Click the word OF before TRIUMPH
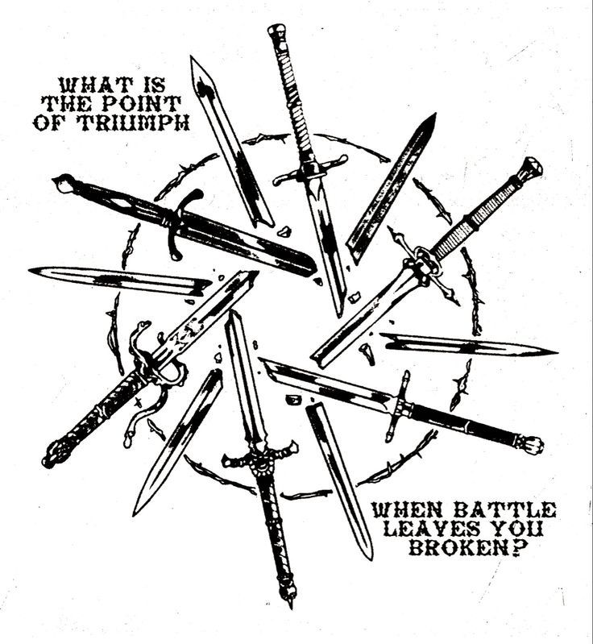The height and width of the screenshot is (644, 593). (x=53, y=123)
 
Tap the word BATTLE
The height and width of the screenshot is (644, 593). (x=503, y=510)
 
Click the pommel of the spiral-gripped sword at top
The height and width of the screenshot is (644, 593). (x=276, y=31)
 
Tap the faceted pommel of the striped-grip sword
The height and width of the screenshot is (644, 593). (x=533, y=167)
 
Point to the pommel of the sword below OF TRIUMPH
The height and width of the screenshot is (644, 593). (x=64, y=183)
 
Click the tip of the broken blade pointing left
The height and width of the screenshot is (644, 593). (x=30, y=270)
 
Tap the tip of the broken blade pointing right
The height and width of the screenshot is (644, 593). (x=556, y=352)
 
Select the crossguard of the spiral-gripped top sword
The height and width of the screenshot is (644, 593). (x=311, y=168)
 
